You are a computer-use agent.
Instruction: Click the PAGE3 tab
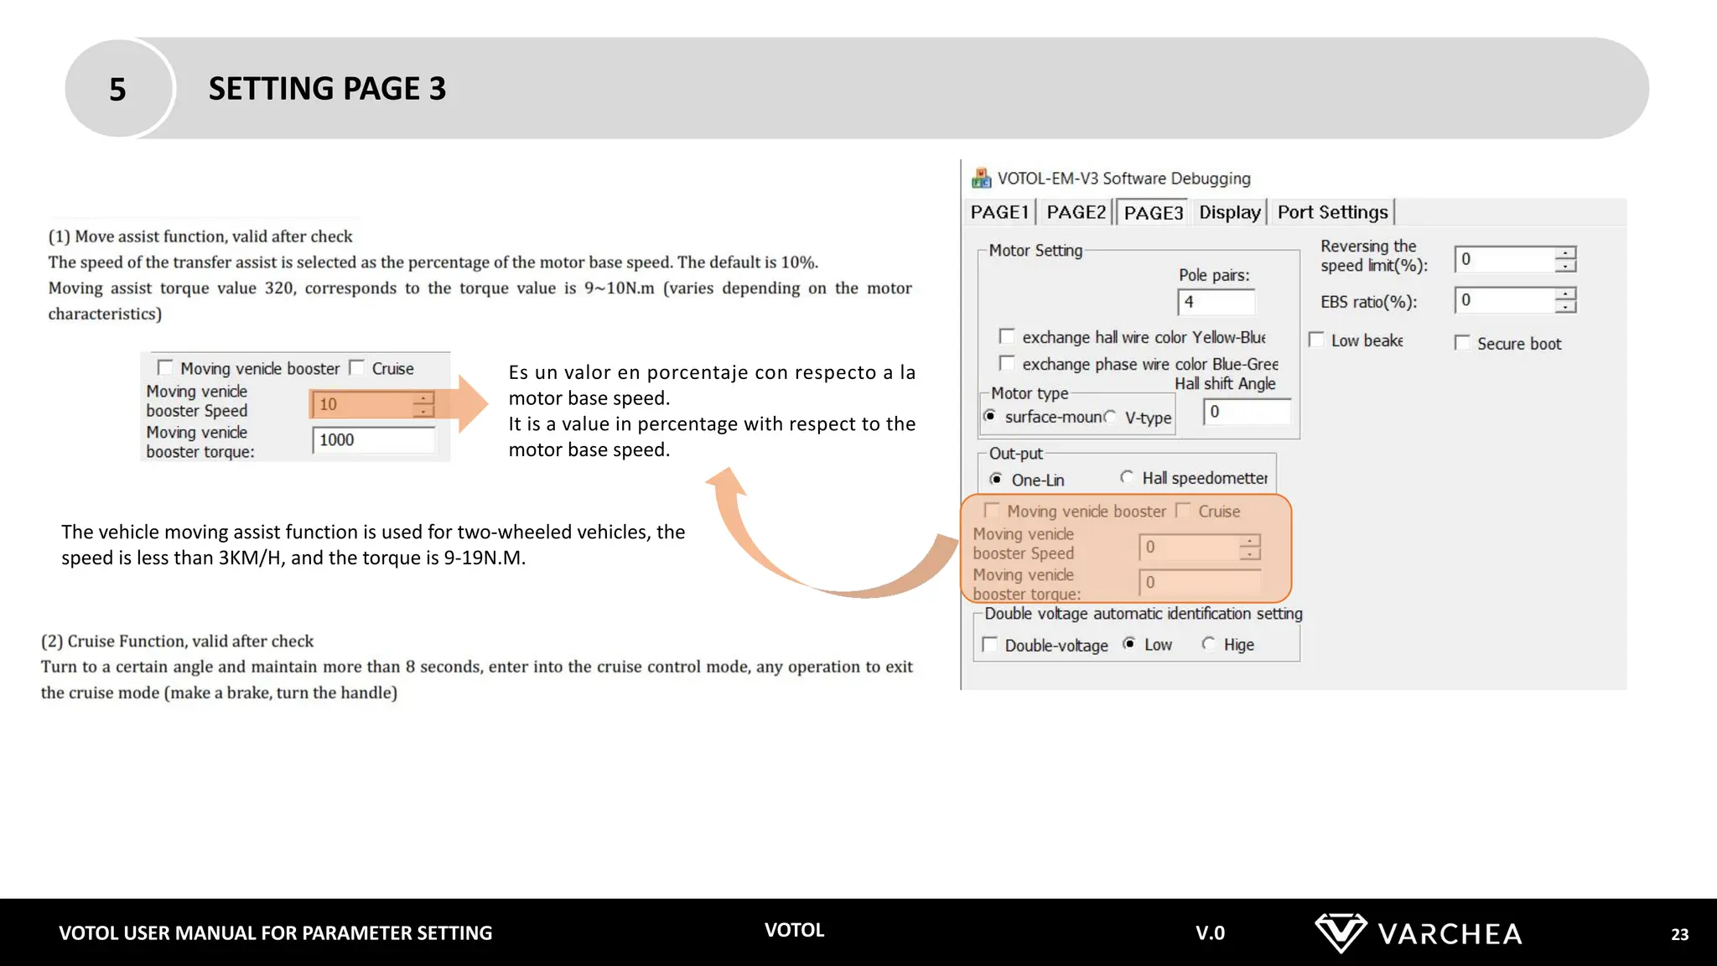[x=1153, y=213]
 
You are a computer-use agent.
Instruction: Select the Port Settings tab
[x=1332, y=212]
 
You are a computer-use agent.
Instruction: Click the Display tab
[x=1229, y=212]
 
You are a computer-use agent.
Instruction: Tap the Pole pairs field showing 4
[x=1216, y=302]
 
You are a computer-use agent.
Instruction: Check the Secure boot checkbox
[x=1462, y=343]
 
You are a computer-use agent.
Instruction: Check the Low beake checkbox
[x=1316, y=340]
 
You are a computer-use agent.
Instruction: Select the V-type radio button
[x=1111, y=417]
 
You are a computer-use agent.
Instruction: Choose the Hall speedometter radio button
[x=1127, y=477]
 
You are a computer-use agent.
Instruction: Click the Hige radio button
[x=1208, y=643]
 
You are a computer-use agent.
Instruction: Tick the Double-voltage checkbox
[x=990, y=644]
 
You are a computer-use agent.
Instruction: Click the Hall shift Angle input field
[x=1247, y=412]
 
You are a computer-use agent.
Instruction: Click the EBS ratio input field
[x=1506, y=300]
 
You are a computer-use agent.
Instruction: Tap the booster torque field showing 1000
[x=373, y=440]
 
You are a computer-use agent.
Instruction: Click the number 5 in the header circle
[x=117, y=89]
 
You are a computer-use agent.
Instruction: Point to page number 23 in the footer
[x=1679, y=934]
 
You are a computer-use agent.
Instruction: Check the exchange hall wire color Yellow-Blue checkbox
[x=1007, y=336]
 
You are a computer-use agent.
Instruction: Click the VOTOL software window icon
[x=981, y=178]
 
